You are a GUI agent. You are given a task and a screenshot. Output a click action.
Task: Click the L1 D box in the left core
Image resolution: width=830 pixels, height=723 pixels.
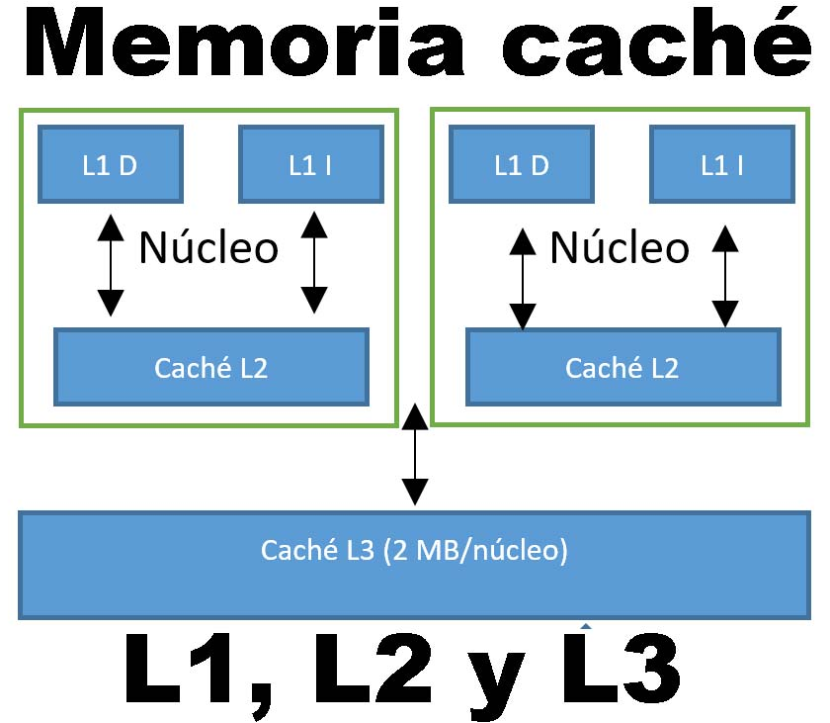(110, 164)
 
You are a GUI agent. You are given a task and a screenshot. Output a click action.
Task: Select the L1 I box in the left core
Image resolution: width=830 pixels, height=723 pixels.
(310, 164)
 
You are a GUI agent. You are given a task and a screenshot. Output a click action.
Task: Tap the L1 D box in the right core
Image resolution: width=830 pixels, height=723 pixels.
(521, 164)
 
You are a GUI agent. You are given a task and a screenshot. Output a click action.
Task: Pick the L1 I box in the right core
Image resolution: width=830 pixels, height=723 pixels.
(721, 164)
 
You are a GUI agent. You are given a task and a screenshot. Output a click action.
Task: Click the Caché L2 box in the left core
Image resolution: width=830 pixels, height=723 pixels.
(210, 367)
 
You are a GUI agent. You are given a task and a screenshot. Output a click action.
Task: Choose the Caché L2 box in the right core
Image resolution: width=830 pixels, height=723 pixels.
(622, 367)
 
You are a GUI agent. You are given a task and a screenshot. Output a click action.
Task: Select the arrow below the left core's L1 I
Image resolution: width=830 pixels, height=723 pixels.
(313, 262)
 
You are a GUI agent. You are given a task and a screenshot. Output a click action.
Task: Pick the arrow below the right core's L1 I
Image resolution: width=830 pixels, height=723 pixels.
(725, 277)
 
